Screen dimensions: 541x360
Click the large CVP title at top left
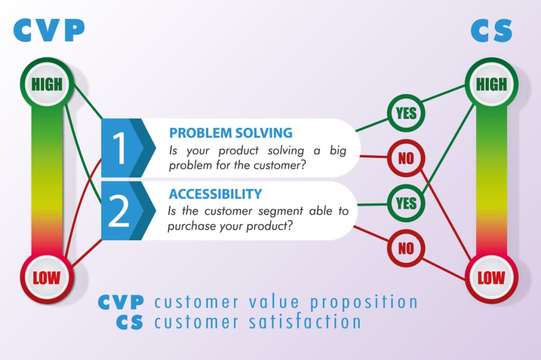coord(49,30)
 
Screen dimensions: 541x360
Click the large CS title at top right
coord(491,30)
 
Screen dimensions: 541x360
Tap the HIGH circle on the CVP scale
coord(46,84)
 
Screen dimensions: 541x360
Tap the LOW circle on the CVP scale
coord(46,278)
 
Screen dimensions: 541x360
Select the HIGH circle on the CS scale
coord(491,84)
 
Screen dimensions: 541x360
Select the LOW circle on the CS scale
coord(491,278)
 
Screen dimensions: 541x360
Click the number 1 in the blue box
coord(119,148)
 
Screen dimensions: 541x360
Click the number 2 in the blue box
coord(118,210)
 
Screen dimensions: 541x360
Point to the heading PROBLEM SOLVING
coord(231,133)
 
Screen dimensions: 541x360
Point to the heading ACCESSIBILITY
coord(216,194)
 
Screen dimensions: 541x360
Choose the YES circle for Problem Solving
coord(406,113)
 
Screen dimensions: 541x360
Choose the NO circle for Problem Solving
coord(406,158)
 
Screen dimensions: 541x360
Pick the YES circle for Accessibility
coord(406,203)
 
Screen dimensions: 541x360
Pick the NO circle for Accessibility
coord(406,248)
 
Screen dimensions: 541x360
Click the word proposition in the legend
coord(364,302)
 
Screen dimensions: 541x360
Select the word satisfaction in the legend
coord(305,321)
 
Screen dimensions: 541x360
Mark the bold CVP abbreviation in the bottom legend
coord(121,302)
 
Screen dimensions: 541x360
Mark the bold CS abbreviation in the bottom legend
coord(130,322)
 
